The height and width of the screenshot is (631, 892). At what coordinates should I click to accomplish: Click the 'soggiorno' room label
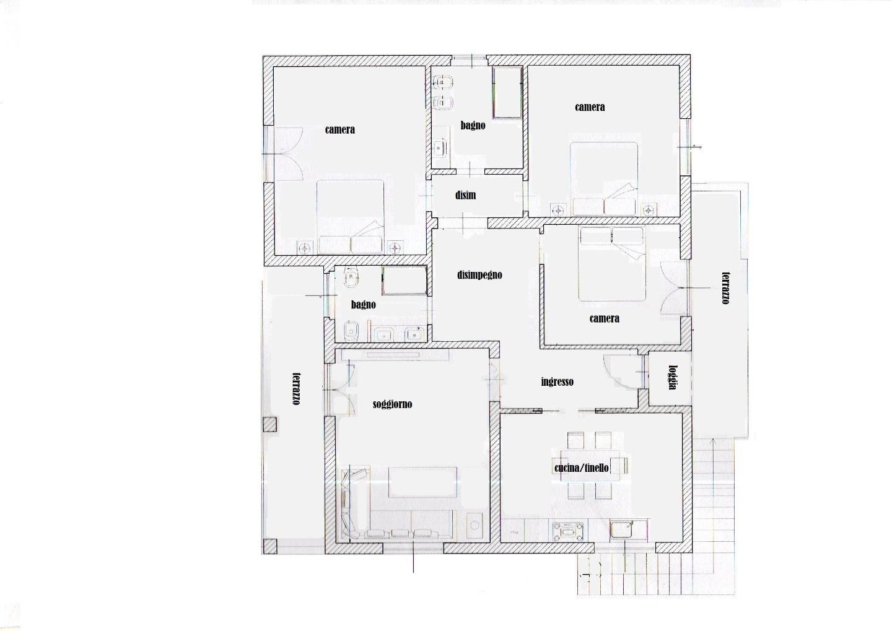pos(392,404)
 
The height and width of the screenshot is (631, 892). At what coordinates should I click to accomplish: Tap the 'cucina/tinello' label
pos(582,468)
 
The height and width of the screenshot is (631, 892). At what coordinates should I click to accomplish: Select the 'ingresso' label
pos(557,382)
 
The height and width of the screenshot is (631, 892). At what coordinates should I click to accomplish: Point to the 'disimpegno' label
pos(479,275)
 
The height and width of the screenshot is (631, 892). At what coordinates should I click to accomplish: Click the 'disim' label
pos(466,195)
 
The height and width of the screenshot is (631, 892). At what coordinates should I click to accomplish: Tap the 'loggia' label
pos(673,377)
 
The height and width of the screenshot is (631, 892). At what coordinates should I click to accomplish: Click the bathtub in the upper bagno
pos(507,92)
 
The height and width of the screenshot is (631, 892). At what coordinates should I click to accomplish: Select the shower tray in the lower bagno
pos(404,281)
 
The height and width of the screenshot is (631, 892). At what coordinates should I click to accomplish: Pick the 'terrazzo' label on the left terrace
pos(296,388)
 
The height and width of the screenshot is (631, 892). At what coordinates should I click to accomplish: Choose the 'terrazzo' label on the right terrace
pos(726,288)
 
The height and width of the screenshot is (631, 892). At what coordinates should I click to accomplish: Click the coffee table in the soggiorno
pos(422,482)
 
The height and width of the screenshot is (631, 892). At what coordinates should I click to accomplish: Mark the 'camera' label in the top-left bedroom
pos(339,129)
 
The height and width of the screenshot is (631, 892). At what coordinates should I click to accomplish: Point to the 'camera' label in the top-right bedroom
pos(590,107)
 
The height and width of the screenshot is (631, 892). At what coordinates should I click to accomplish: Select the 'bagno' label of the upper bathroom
pos(473,126)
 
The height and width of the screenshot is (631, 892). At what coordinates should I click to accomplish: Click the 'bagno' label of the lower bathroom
pos(363,305)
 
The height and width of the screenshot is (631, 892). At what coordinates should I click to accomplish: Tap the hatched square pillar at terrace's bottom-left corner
pos(270,546)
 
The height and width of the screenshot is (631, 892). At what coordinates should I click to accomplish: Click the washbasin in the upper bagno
pos(440,149)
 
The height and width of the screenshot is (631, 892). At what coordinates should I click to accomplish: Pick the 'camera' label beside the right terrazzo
pos(604,318)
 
